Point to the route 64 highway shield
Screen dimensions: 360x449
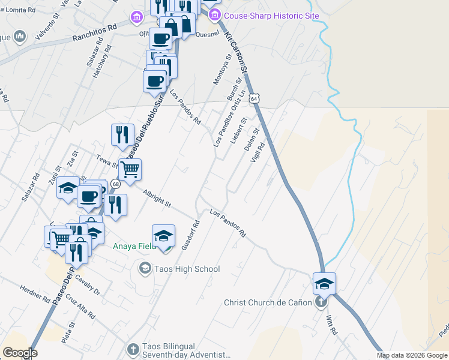[x=255, y=97]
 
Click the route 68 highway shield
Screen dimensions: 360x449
[x=115, y=184]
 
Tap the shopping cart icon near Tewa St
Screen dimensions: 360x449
[x=130, y=170]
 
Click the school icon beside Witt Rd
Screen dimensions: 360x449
[x=324, y=283]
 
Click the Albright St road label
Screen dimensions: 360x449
[x=157, y=199]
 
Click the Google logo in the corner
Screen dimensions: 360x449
[x=20, y=353]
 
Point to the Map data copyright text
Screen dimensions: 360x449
[x=412, y=355]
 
